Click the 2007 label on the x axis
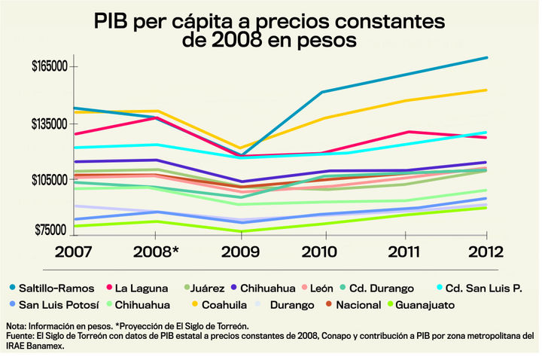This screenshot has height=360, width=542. coord(73,250)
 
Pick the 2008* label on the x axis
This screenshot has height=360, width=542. coord(156,250)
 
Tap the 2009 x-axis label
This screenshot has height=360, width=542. coord(240,250)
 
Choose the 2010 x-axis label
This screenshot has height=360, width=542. coord(324,250)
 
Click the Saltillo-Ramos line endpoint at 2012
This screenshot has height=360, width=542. coord(487,57)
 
